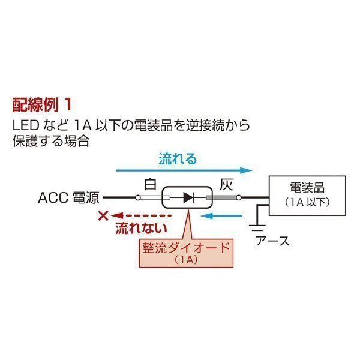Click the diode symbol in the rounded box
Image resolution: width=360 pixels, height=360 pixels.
pyautogui.click(x=189, y=197)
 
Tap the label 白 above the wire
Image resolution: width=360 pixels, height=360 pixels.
pyautogui.click(x=150, y=184)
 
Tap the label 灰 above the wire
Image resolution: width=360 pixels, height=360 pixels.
pyautogui.click(x=226, y=184)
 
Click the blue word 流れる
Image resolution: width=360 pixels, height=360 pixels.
pyautogui.click(x=178, y=160)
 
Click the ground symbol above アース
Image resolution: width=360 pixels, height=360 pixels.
pyautogui.click(x=257, y=227)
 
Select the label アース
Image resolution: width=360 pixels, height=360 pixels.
pyautogui.click(x=272, y=241)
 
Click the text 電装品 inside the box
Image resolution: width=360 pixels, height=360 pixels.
pyautogui.click(x=307, y=187)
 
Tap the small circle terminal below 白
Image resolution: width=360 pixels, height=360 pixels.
pyautogui.click(x=139, y=197)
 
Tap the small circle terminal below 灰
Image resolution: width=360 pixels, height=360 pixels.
pyautogui.click(x=238, y=197)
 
